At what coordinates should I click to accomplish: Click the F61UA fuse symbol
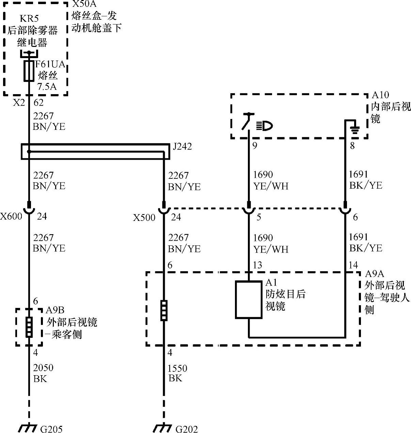(x=29, y=71)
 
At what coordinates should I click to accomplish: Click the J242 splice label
(x=182, y=146)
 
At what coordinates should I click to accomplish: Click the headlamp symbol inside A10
(x=265, y=126)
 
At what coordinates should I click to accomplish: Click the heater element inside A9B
(x=29, y=327)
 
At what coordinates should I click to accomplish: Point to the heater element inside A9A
(x=164, y=310)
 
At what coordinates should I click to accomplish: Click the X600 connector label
(x=11, y=216)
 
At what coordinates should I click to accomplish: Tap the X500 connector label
(x=144, y=218)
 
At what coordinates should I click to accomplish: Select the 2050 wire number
(x=43, y=368)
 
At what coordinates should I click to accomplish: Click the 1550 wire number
(x=177, y=368)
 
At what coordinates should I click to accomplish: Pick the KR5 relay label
(x=29, y=18)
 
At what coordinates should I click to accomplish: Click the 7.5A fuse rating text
(x=47, y=86)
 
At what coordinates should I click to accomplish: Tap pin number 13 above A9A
(x=257, y=265)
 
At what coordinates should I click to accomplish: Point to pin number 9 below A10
(x=254, y=146)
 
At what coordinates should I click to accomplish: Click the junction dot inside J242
(x=29, y=151)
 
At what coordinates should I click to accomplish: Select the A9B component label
(x=55, y=310)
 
